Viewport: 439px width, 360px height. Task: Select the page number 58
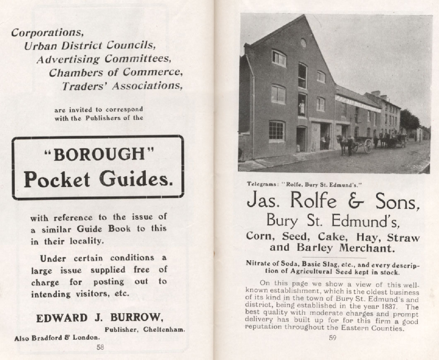[x=100, y=348]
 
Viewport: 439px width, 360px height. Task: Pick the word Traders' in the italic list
[x=82, y=86]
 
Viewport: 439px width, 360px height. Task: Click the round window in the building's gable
[x=304, y=43]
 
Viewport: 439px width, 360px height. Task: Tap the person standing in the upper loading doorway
[x=302, y=107]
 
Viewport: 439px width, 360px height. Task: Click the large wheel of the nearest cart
[x=367, y=146]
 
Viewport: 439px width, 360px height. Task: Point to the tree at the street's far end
[x=409, y=120]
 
